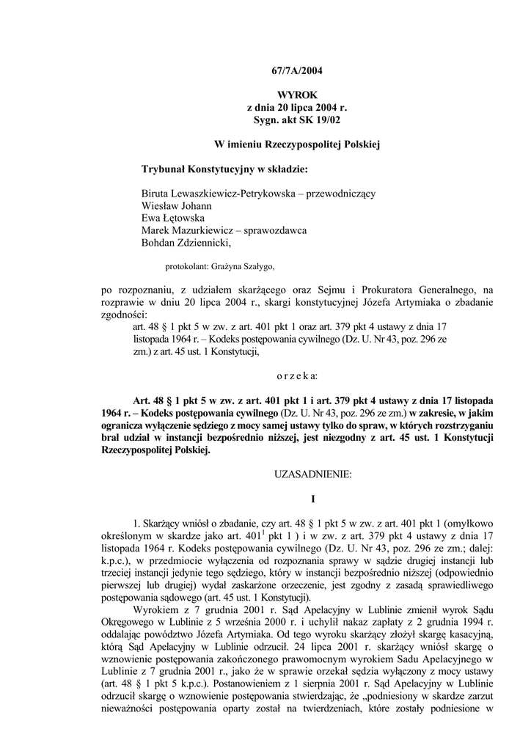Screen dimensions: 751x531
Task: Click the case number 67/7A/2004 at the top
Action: tap(292, 71)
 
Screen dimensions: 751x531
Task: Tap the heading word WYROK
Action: tap(292, 95)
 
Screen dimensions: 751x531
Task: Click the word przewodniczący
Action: tap(342, 194)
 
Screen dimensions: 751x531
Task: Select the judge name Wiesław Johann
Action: tap(176, 206)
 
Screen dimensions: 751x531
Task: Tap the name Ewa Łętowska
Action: tap(172, 218)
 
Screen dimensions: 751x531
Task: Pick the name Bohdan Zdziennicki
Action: tap(186, 242)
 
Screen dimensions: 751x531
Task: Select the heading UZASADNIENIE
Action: tap(312, 475)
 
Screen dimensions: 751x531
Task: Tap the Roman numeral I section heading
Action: tap(312, 499)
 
